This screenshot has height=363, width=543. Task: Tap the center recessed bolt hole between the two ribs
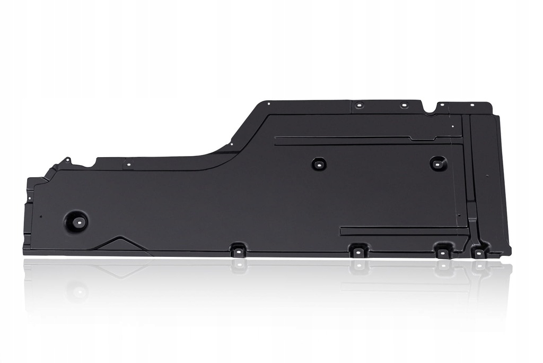[x=319, y=164]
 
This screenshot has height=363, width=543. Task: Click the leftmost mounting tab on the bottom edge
[x=238, y=249]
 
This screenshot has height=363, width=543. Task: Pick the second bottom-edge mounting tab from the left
[x=359, y=249]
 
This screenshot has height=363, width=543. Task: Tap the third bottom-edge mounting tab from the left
[x=442, y=251]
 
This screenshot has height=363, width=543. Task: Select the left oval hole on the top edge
[x=359, y=105]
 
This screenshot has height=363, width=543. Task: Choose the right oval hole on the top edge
[x=404, y=105]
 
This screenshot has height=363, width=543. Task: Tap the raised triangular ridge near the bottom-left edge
[x=119, y=244]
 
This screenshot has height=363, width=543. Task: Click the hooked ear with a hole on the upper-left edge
[x=67, y=160]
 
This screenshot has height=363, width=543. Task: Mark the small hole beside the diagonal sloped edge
[x=231, y=143]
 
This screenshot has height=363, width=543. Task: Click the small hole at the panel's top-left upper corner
[x=269, y=103]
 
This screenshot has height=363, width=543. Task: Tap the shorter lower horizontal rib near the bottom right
[x=403, y=231]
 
